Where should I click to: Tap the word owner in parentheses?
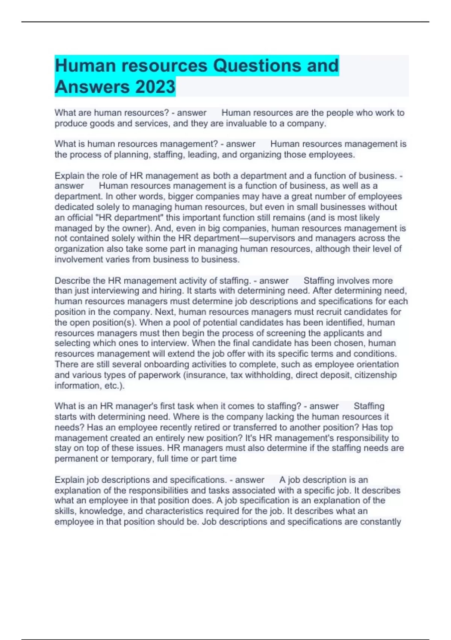tap(135, 228)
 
